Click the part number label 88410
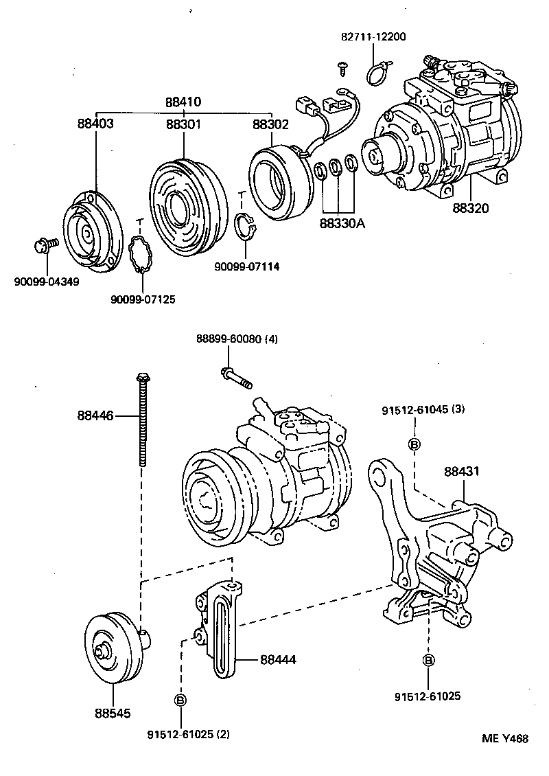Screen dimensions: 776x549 pyautogui.click(x=183, y=102)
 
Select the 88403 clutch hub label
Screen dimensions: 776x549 pyautogui.click(x=95, y=124)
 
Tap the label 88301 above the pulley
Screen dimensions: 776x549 pyautogui.click(x=183, y=124)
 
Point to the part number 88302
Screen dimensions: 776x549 pyautogui.click(x=270, y=124)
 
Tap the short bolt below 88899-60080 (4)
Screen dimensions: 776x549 pyautogui.click(x=236, y=377)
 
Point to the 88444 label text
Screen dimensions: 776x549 pyautogui.click(x=278, y=659)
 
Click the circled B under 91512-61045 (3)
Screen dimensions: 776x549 pyautogui.click(x=414, y=444)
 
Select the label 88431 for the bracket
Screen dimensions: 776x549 pyautogui.click(x=461, y=472)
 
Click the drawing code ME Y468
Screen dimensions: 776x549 pyautogui.click(x=504, y=739)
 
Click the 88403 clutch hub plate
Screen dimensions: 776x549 pyautogui.click(x=89, y=232)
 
